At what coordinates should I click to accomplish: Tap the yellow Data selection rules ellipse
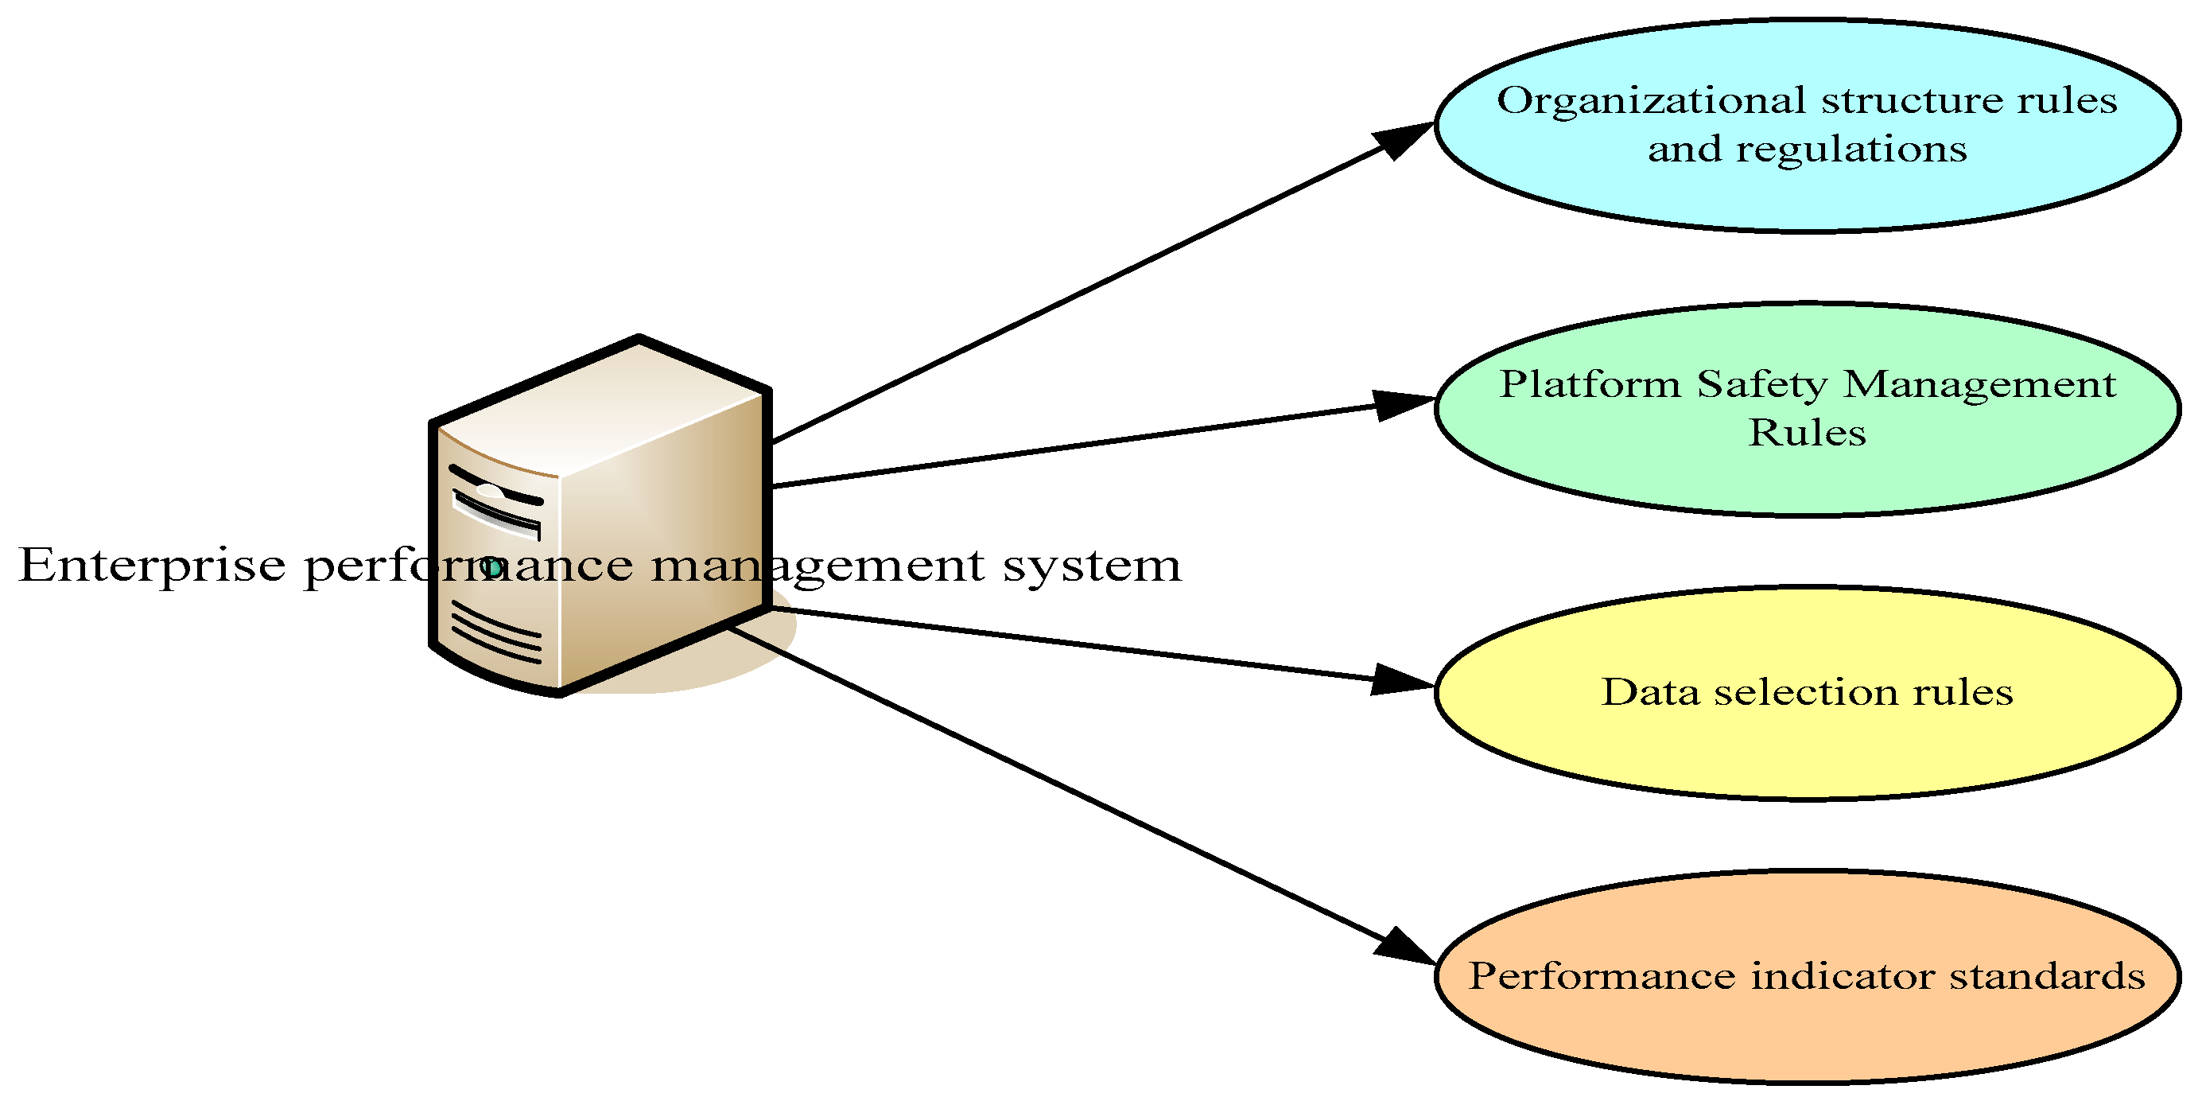click(1805, 744)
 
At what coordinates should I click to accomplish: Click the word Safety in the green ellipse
click(1761, 384)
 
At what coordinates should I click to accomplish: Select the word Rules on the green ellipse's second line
click(1806, 433)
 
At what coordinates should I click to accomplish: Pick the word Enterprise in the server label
click(152, 566)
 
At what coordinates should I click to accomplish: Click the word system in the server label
click(1092, 566)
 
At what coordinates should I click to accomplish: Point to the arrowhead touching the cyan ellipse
click(1402, 138)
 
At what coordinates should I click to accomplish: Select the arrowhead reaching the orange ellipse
click(1404, 947)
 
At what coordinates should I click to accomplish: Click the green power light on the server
click(491, 566)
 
